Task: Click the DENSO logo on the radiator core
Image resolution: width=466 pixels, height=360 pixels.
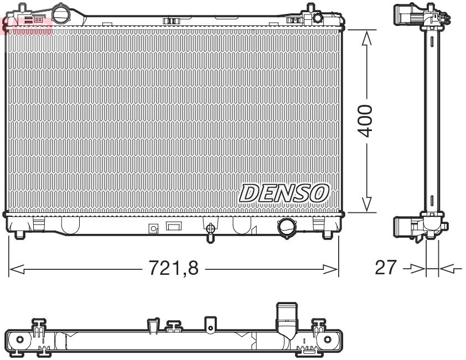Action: (284, 193)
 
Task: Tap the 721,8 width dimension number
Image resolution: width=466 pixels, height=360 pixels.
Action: (173, 269)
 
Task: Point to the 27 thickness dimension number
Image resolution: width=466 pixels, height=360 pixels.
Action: (386, 268)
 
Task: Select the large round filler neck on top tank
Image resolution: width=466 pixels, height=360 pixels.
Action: (60, 13)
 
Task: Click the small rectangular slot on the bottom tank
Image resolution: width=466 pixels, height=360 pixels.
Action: (174, 226)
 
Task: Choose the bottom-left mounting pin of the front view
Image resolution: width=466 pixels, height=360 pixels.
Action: (20, 234)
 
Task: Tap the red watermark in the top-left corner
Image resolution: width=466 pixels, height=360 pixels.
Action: (27, 25)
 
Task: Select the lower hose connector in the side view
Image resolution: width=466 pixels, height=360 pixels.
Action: (407, 227)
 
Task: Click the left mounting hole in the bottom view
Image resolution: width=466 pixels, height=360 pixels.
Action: (20, 339)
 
